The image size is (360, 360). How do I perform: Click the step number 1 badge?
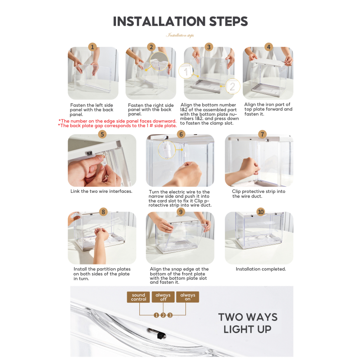pos(92,47)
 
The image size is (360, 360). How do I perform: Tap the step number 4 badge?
pos(269,47)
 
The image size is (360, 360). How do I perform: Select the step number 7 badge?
pos(262,134)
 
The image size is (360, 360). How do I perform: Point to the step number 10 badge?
pos(261,211)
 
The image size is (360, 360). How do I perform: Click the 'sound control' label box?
pos(139,297)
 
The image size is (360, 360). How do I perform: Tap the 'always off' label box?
pos(163,297)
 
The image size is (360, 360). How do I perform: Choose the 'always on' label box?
pos(188,297)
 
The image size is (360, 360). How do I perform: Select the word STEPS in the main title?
pos(228,21)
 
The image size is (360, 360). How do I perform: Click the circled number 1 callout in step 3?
pos(186,71)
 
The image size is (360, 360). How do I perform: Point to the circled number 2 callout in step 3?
pos(233,86)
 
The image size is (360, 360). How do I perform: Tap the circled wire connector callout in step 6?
pos(167,149)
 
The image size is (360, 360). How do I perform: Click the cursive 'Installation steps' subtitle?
pos(180,35)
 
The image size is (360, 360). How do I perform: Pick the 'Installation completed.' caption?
pos(261,269)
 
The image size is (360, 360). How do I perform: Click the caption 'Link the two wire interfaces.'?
pos(101,191)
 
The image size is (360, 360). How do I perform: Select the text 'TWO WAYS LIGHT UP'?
pos(248,323)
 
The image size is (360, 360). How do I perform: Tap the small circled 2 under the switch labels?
pos(163,315)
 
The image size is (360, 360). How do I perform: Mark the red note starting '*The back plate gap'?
pos(117,126)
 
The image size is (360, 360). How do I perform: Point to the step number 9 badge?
pos(181,211)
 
